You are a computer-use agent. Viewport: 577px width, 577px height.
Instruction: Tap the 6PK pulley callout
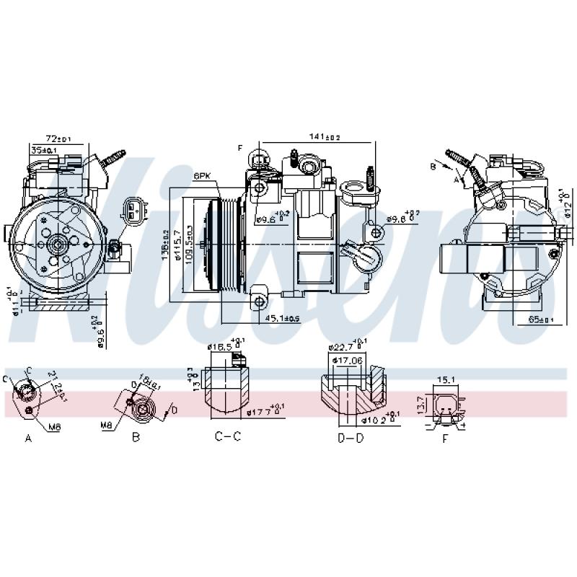pos(202,176)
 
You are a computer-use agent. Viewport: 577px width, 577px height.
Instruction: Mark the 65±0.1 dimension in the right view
pos(541,317)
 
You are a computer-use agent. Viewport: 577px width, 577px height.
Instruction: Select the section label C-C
pos(227,436)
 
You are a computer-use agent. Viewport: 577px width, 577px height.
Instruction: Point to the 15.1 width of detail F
pos(446,379)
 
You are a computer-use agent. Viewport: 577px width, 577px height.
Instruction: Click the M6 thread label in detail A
pos(54,427)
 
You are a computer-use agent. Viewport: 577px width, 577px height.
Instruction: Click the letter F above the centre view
pos(240,148)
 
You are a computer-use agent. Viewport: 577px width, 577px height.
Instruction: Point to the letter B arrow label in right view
pos(432,167)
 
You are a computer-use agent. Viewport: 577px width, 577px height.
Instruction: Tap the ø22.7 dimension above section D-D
pos(345,346)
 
